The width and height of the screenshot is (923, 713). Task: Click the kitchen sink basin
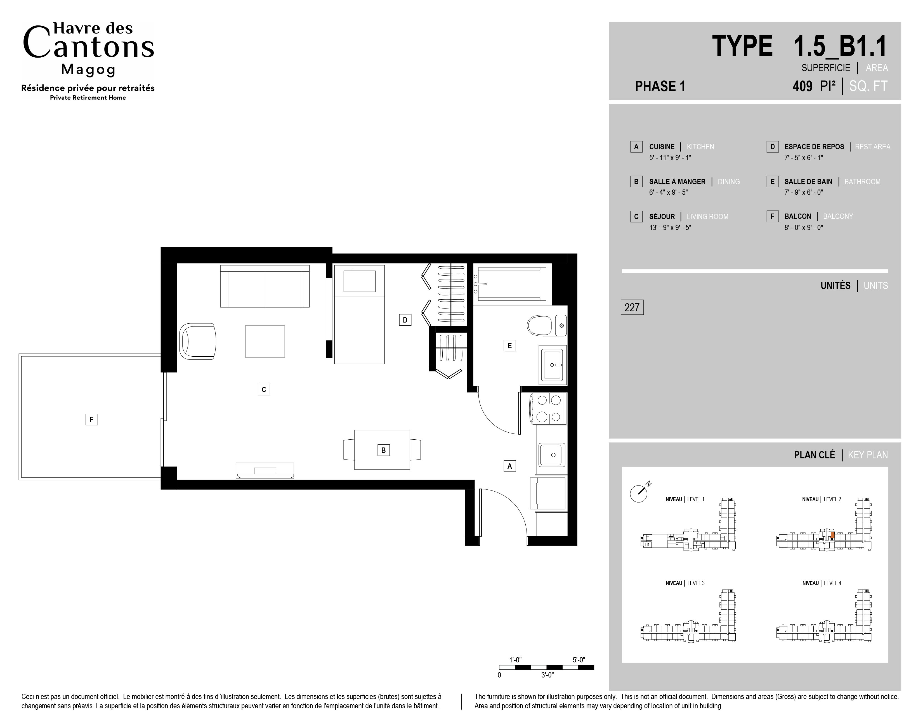coord(551,454)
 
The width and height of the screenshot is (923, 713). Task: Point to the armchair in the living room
coord(198,342)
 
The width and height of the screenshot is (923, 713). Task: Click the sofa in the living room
coord(265,286)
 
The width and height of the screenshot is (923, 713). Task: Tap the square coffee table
coord(265,341)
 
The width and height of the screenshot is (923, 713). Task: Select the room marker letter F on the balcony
coord(92,420)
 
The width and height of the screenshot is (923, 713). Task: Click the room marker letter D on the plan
coord(405,320)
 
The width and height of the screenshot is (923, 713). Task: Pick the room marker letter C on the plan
coord(264,389)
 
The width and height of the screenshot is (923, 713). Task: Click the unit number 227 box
coord(632,307)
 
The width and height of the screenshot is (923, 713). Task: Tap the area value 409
coord(802,86)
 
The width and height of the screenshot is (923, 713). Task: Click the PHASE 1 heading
coord(660,86)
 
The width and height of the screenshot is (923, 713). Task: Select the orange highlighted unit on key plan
coord(832,535)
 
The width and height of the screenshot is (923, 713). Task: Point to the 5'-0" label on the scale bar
coord(579,660)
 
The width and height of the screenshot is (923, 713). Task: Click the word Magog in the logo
coord(88,69)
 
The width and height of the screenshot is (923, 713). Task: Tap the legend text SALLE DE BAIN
coord(808,182)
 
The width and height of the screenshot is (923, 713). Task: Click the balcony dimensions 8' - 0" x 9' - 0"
coord(803,227)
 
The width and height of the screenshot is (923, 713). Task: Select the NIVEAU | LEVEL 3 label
coord(685,583)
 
